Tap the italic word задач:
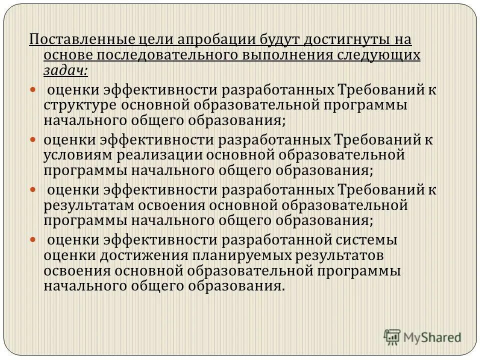(x=65, y=71)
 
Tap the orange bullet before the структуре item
(x=33, y=90)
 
